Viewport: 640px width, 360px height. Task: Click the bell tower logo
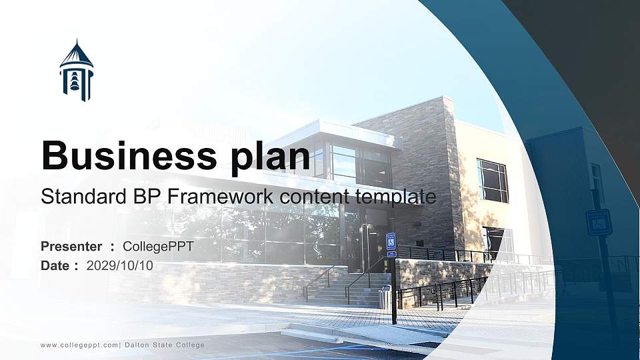click(x=76, y=71)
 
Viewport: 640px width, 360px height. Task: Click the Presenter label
click(x=71, y=247)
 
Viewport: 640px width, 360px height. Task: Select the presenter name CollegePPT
click(x=158, y=247)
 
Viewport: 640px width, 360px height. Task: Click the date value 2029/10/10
click(x=120, y=265)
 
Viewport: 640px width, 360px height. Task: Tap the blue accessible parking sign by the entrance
click(x=391, y=241)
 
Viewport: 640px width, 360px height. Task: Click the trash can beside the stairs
click(x=385, y=297)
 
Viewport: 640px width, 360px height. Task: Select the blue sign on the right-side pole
click(x=599, y=222)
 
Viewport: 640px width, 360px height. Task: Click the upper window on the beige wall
click(x=492, y=180)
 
